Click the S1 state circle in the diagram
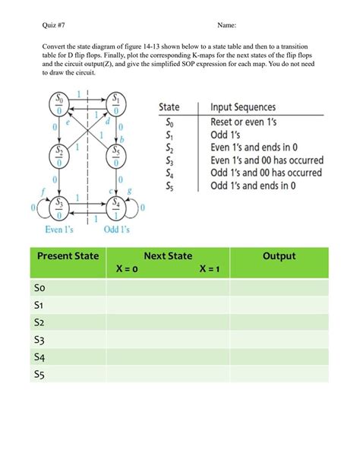point(115,103)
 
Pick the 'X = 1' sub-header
point(213,269)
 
